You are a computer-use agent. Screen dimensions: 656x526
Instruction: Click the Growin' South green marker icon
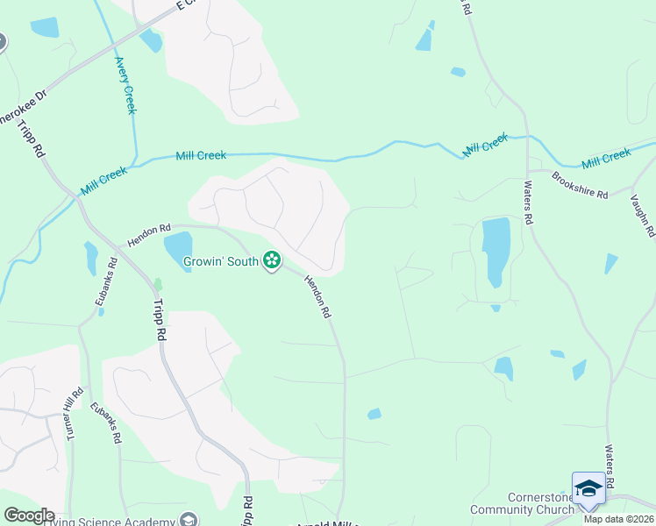(272, 259)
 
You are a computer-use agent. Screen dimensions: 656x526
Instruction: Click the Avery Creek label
(125, 85)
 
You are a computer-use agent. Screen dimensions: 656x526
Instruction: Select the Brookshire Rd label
(580, 185)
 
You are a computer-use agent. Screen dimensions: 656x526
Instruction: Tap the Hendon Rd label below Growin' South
(317, 296)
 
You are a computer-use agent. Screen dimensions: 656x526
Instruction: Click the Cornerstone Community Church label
(523, 502)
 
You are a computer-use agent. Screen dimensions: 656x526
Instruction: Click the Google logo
(29, 515)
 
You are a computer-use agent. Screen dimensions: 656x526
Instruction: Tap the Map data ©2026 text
(619, 519)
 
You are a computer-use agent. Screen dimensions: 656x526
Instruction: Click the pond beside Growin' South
(178, 251)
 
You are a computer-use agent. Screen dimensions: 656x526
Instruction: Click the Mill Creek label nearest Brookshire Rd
(606, 159)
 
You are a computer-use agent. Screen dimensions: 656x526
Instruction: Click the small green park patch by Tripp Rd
(158, 284)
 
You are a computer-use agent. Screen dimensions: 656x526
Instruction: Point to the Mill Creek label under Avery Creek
(201, 155)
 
